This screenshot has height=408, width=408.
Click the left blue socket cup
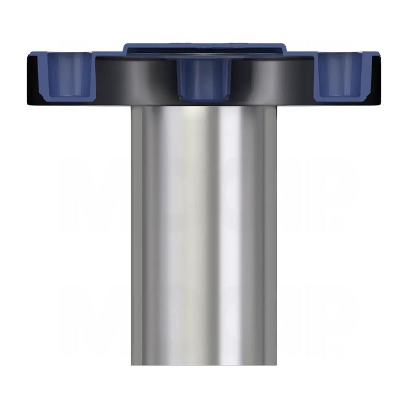70,76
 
